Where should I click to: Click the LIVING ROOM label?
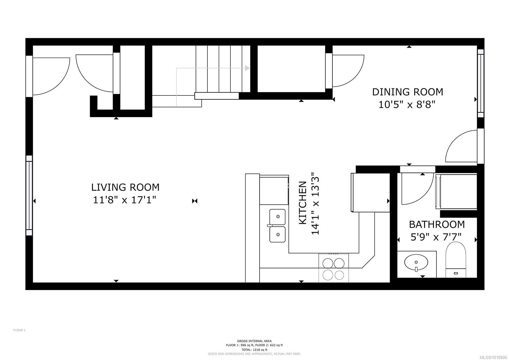click(125, 187)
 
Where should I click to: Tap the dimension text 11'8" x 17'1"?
click(124, 200)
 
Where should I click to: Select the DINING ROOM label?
click(408, 92)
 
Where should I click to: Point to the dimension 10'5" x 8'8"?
click(407, 104)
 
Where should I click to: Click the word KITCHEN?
click(303, 203)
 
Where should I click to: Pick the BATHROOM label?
click(436, 224)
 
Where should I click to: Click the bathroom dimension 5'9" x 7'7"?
click(436, 237)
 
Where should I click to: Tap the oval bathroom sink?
click(416, 262)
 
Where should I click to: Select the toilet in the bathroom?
click(456, 259)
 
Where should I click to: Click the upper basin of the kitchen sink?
click(278, 216)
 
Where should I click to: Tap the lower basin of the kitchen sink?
click(278, 235)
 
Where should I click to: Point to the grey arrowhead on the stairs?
click(247, 68)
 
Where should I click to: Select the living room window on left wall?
click(29, 195)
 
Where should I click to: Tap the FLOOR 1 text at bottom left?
click(19, 330)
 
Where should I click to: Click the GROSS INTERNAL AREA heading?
click(254, 341)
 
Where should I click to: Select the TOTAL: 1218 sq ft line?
click(254, 349)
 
